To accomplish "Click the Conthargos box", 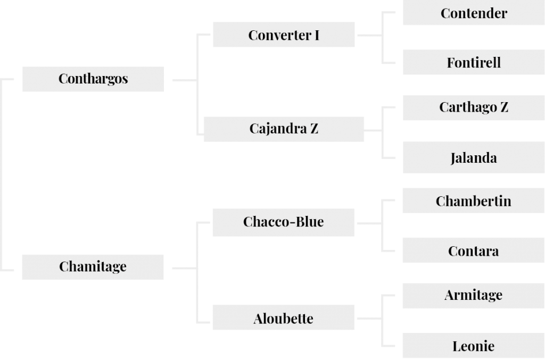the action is pyautogui.click(x=93, y=79).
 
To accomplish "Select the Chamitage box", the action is pyautogui.click(x=93, y=267).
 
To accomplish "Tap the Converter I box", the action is pyautogui.click(x=284, y=35).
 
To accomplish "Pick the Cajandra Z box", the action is pyautogui.click(x=284, y=129).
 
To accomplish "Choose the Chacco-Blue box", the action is pyautogui.click(x=284, y=222).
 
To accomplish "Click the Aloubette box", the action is pyautogui.click(x=284, y=317).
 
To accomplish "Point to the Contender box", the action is pyautogui.click(x=474, y=13).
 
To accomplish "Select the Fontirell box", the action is pyautogui.click(x=474, y=62).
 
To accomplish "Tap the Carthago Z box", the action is pyautogui.click(x=474, y=108).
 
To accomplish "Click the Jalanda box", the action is pyautogui.click(x=474, y=157).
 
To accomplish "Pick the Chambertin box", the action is pyautogui.click(x=473, y=200).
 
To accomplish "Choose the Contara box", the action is pyautogui.click(x=473, y=250).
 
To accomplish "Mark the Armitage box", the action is pyautogui.click(x=473, y=296).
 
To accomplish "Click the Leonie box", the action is pyautogui.click(x=473, y=346).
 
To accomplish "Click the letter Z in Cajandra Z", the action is pyautogui.click(x=314, y=129).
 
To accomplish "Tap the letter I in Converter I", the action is pyautogui.click(x=317, y=36).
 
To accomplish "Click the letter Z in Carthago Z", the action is pyautogui.click(x=505, y=107).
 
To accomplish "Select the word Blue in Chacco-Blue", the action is pyautogui.click(x=309, y=222).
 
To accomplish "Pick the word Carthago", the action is pyautogui.click(x=468, y=108).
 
